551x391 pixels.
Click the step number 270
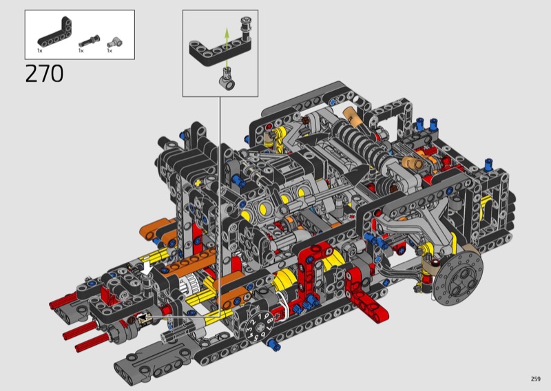(44, 74)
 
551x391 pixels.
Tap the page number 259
(536, 379)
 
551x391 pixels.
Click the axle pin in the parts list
(89, 41)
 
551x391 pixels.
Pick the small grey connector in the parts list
(115, 43)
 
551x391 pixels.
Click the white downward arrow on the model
(147, 268)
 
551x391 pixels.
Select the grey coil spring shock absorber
(366, 140)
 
